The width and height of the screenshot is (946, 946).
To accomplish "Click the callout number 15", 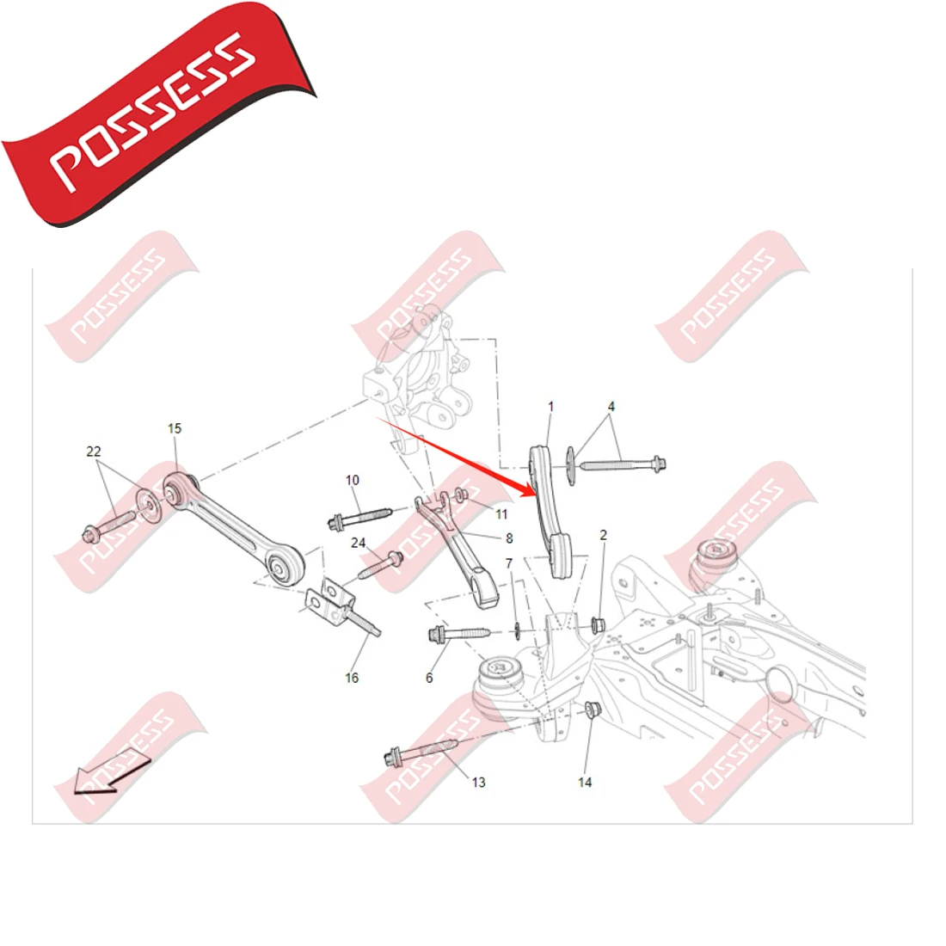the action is pos(175,428).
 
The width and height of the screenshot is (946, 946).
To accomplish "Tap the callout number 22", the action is pos(94,451).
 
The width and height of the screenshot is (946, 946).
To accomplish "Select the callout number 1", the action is pos(551,407).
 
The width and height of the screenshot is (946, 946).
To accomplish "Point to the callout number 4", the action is pos(611,406).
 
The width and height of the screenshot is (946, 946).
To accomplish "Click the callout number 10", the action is pos(353,480).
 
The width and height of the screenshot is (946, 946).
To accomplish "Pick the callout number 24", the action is pos(358,543).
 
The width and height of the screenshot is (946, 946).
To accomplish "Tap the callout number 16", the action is pos(352,678).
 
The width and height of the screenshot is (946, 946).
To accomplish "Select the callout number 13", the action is pos(478,782).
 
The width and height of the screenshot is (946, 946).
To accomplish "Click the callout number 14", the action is pos(585,782).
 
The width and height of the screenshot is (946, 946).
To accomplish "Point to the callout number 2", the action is pos(604,535).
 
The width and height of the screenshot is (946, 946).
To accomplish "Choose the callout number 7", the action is pos(509,563).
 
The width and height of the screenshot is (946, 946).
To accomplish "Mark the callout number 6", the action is pos(429,678).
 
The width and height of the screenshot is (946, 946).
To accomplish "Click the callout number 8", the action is pos(509,538).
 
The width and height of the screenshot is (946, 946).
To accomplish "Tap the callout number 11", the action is pos(501,514).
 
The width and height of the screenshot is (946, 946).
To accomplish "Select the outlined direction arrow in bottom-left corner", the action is pos(107,772).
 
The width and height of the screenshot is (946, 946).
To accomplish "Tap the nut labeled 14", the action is pos(592,710).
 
